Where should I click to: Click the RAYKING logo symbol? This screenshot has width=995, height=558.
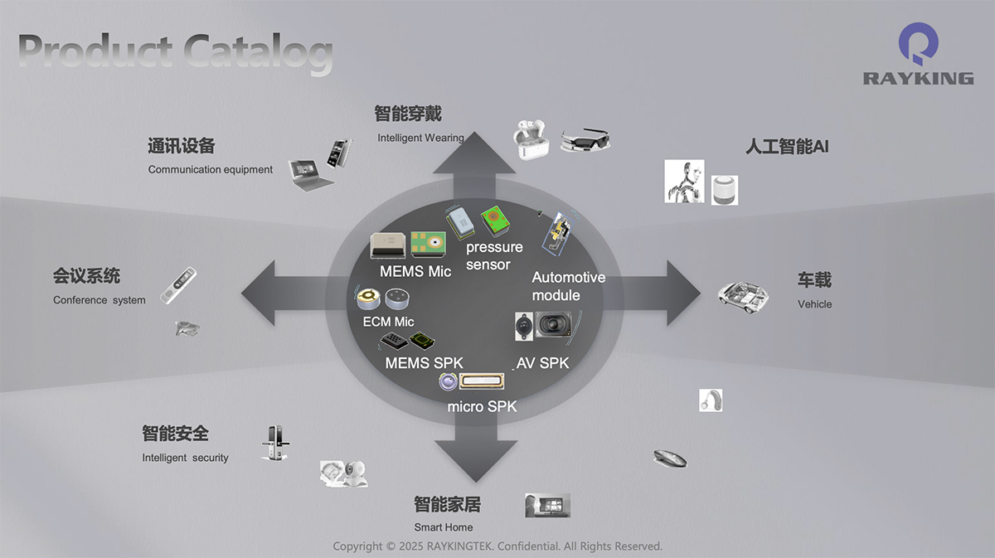918,45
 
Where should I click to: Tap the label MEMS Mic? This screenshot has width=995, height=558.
415,271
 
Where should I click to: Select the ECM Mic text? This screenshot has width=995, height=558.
388,322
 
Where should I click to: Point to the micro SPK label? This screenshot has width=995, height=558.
482,406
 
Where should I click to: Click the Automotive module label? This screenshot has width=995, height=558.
568,286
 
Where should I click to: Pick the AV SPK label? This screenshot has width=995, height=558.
542,362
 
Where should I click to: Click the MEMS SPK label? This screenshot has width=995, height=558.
424,362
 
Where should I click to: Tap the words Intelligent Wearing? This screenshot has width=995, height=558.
420,138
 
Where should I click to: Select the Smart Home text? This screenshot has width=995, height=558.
444,527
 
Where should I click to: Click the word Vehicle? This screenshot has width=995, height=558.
814,304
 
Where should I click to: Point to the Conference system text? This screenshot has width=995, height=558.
99,300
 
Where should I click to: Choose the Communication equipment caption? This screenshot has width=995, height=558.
210,170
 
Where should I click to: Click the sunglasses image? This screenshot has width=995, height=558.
585,139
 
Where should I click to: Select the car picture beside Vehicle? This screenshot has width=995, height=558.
742,296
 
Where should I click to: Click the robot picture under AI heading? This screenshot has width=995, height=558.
684,182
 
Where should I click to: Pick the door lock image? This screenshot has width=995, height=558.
273,443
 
